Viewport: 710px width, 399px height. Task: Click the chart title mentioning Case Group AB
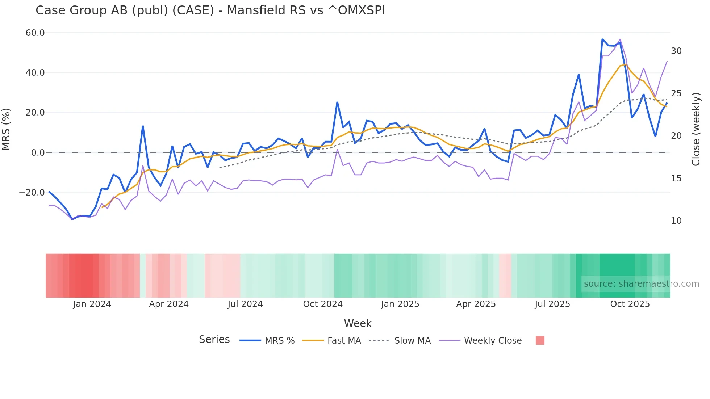[x=210, y=10]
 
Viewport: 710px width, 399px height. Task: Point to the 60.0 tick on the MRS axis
[x=35, y=33]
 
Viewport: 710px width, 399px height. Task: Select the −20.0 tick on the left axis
[x=32, y=193]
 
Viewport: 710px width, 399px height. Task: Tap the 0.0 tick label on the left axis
[x=38, y=153]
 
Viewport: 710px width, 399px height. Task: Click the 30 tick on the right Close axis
[x=676, y=51]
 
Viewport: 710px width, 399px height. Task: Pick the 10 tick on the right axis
[x=676, y=221]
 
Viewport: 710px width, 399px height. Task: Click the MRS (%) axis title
[x=6, y=129]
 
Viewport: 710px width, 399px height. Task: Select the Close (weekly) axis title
[x=696, y=129]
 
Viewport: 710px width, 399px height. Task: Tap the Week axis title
[x=358, y=323]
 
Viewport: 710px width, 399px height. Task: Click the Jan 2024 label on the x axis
[x=92, y=304]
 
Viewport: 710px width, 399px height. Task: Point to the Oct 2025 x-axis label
[x=630, y=304]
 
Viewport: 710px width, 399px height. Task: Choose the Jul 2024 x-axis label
[x=245, y=304]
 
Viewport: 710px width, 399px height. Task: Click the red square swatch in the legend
[x=540, y=340]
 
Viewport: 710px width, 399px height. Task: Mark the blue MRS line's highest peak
[x=602, y=39]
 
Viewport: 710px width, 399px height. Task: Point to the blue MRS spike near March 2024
[x=143, y=126]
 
